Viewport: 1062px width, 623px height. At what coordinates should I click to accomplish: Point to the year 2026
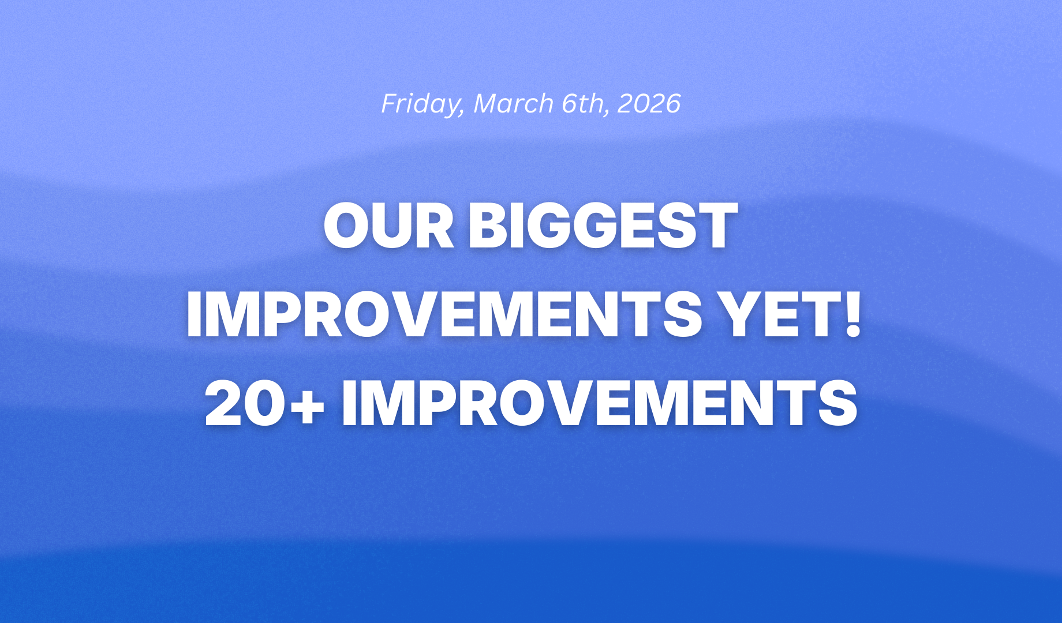click(x=649, y=103)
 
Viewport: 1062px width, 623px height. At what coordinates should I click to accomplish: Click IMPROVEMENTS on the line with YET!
click(x=443, y=315)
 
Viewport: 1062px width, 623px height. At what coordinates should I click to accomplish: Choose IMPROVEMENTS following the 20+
click(x=599, y=404)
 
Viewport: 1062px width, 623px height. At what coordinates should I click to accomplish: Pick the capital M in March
click(x=486, y=103)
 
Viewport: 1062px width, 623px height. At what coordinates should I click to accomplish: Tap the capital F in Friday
click(x=390, y=103)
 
